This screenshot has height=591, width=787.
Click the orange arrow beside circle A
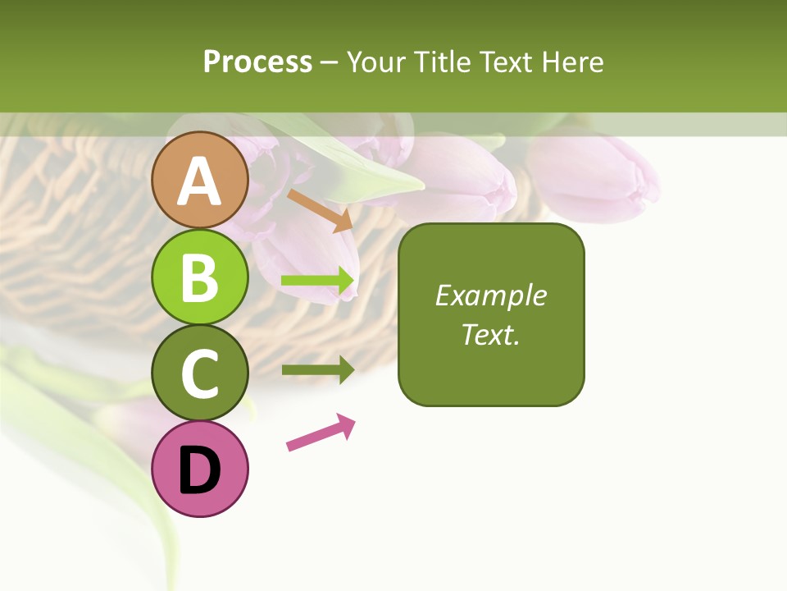(321, 210)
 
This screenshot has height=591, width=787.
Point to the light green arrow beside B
(318, 282)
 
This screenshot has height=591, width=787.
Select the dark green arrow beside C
(318, 369)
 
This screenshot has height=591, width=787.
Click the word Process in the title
(257, 62)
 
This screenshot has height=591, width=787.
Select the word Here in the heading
(572, 62)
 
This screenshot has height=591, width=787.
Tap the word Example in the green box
(490, 295)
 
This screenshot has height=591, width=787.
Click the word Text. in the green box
(490, 335)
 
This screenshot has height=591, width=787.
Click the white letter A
(199, 181)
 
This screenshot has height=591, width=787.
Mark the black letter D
(200, 471)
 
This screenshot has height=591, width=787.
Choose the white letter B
(200, 277)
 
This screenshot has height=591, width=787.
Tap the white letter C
(200, 373)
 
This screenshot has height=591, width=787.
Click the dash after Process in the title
(330, 62)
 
